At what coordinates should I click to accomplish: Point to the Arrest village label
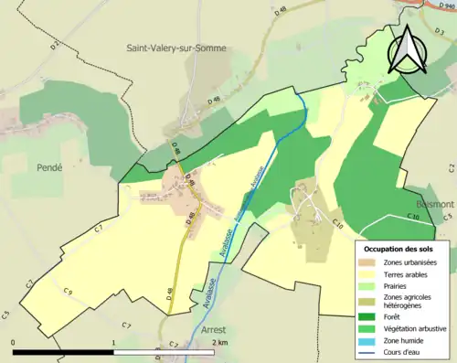(x=212, y=331)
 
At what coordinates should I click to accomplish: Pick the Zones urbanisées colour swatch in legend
(x=371, y=263)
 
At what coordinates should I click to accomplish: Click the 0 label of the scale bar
(x=14, y=342)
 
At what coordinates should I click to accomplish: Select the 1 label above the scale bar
(x=113, y=342)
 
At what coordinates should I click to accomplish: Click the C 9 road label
(x=68, y=292)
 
